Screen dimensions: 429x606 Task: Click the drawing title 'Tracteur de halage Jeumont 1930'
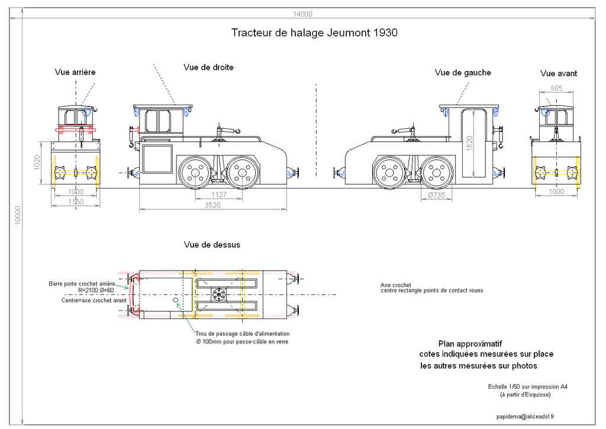pos(314,33)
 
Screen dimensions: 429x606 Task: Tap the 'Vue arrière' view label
pos(75,72)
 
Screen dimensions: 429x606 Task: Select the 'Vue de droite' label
pos(208,67)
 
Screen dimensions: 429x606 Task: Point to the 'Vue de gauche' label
pos(463,73)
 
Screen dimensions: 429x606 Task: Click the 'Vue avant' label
pos(558,74)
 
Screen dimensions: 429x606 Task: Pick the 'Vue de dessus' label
pos(212,245)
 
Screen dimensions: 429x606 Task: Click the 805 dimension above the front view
pos(556,88)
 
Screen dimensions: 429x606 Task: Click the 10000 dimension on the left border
pos(18,217)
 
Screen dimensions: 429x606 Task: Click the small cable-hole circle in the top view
pos(176,300)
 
